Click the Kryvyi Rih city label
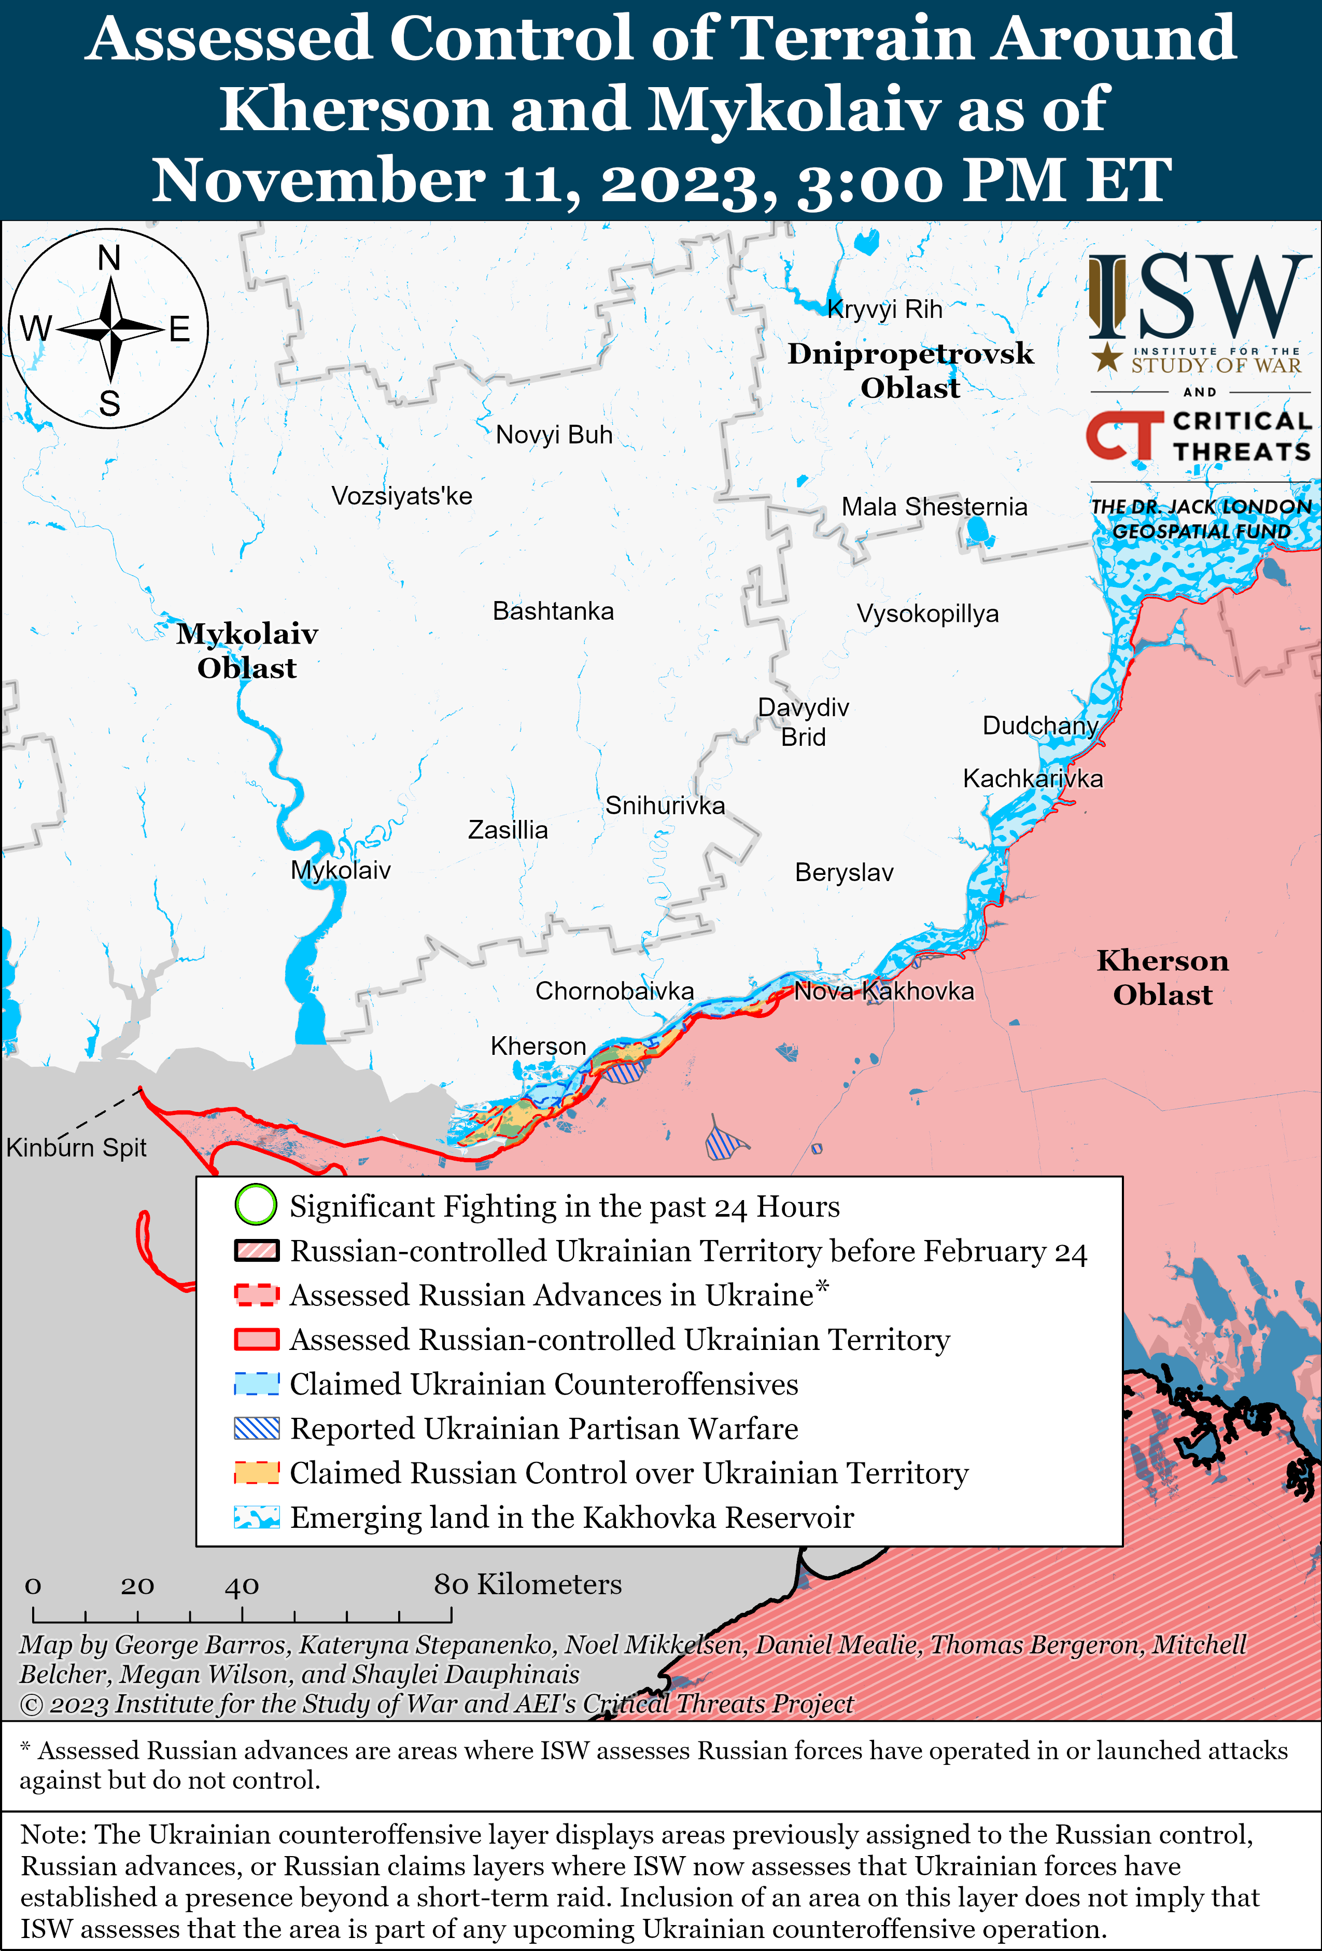point(884,310)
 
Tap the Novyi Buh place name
point(554,435)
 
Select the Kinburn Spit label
point(76,1148)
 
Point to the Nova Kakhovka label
point(884,992)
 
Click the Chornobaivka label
point(614,992)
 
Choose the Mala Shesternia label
point(934,507)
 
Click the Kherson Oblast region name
point(1162,977)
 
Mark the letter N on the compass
point(109,258)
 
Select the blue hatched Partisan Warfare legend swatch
point(256,1429)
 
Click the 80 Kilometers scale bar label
point(527,1584)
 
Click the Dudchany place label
point(1040,726)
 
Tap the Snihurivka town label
point(665,806)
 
